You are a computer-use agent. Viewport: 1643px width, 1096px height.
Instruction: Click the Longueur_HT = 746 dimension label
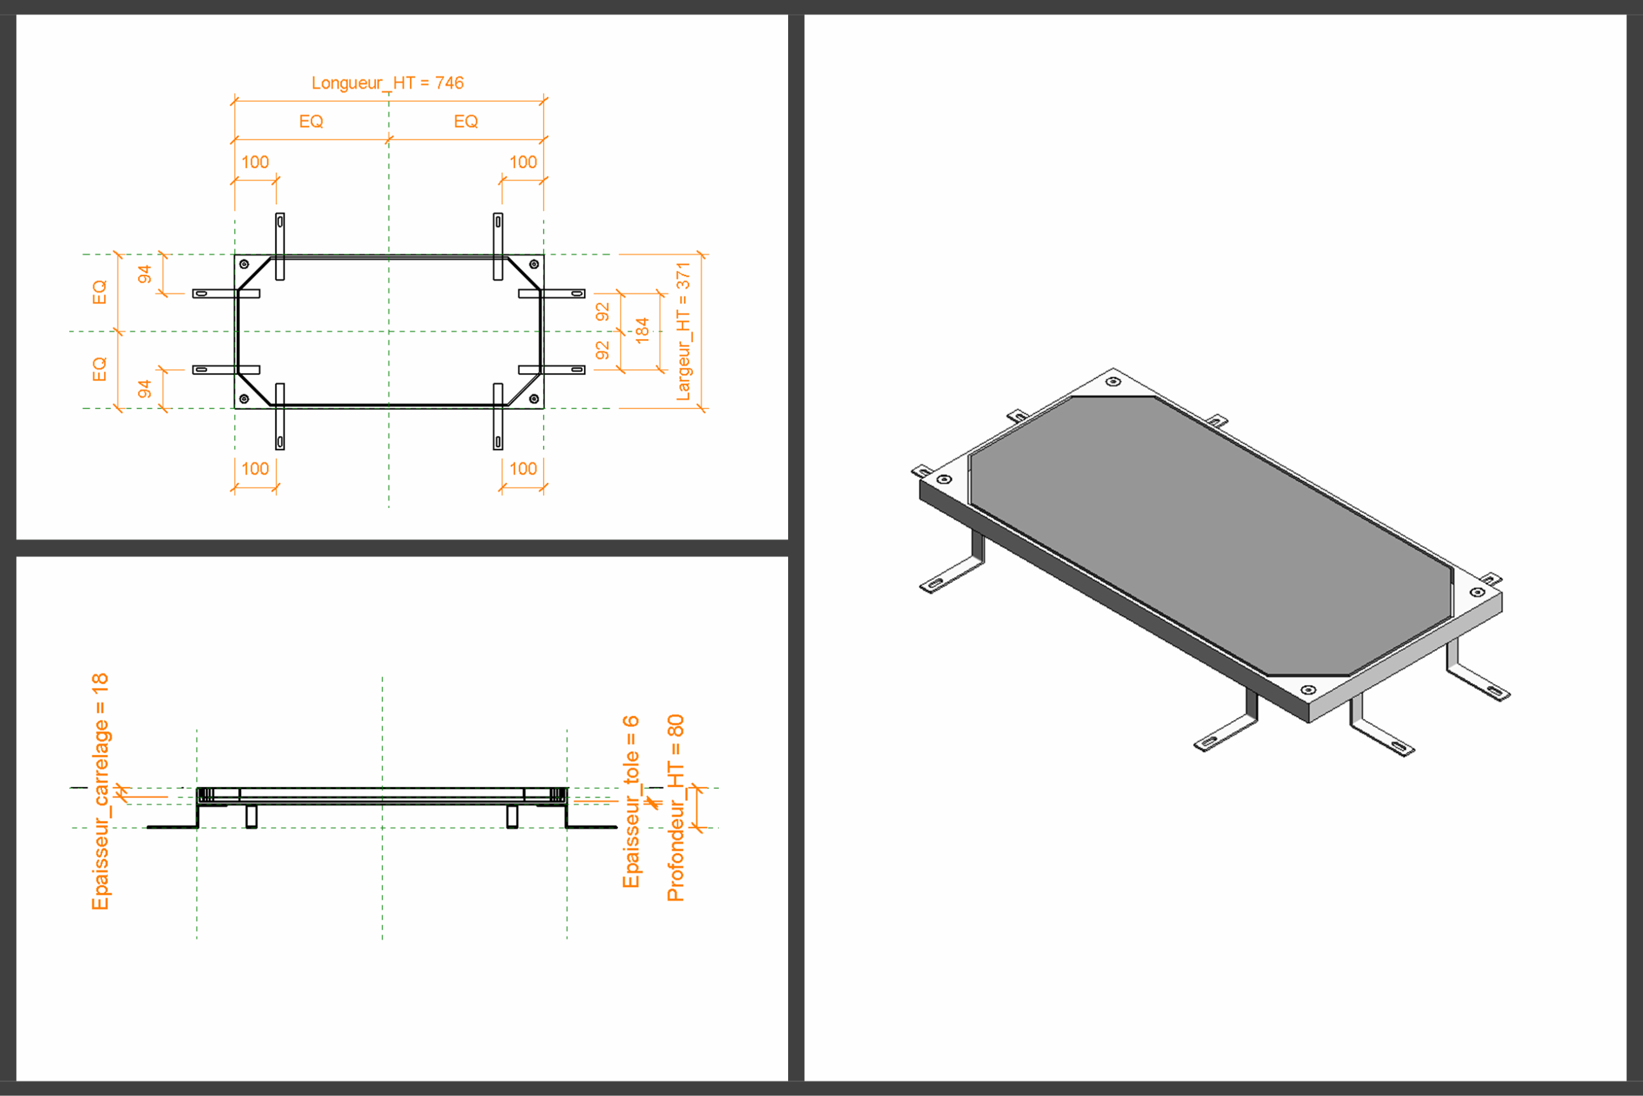point(388,83)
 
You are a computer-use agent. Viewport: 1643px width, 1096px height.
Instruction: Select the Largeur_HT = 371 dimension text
point(683,331)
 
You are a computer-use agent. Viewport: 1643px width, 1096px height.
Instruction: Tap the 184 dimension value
point(642,330)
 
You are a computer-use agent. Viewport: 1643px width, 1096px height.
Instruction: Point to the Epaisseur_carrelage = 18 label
point(101,791)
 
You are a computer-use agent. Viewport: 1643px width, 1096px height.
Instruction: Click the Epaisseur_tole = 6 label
point(631,801)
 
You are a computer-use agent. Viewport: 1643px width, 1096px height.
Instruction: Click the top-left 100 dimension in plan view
point(255,162)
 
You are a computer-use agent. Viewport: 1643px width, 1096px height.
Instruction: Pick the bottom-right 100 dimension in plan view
point(523,468)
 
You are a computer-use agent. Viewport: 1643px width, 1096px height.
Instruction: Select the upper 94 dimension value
point(144,274)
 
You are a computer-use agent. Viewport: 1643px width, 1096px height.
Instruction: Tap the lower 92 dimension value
point(602,350)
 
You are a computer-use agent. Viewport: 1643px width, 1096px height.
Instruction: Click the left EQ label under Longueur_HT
point(311,121)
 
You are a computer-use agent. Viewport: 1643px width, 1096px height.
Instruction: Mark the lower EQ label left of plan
point(100,369)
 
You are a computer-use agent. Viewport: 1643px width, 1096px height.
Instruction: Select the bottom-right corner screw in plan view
point(535,399)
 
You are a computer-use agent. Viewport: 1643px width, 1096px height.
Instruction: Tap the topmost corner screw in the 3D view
point(1114,381)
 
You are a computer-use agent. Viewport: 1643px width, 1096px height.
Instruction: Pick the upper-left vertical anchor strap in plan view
point(280,247)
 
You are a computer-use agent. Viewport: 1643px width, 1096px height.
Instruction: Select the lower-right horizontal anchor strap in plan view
point(552,370)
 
